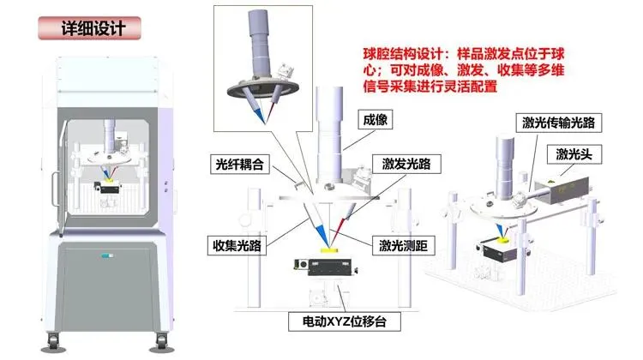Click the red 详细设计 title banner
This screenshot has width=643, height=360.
tap(89, 28)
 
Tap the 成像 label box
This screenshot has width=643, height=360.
tap(376, 119)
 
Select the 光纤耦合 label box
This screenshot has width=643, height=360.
tap(240, 164)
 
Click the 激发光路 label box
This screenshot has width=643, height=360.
tap(406, 164)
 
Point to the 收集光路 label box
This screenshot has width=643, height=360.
tap(237, 246)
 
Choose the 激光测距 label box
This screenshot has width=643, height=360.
tap(404, 246)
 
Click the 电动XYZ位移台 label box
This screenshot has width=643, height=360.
tap(345, 321)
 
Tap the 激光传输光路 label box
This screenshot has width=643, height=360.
tap(558, 123)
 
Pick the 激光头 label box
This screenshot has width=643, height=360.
tap(574, 154)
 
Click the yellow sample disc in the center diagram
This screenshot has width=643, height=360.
tap(328, 249)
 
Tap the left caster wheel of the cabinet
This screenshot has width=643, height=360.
tap(53, 341)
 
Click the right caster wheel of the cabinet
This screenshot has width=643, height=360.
tap(162, 341)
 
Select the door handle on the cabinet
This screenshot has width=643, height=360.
tap(54, 189)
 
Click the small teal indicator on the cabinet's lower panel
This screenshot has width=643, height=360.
tap(107, 255)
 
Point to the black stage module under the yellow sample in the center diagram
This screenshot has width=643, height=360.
tap(325, 267)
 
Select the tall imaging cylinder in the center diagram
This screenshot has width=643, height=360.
tap(329, 135)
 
